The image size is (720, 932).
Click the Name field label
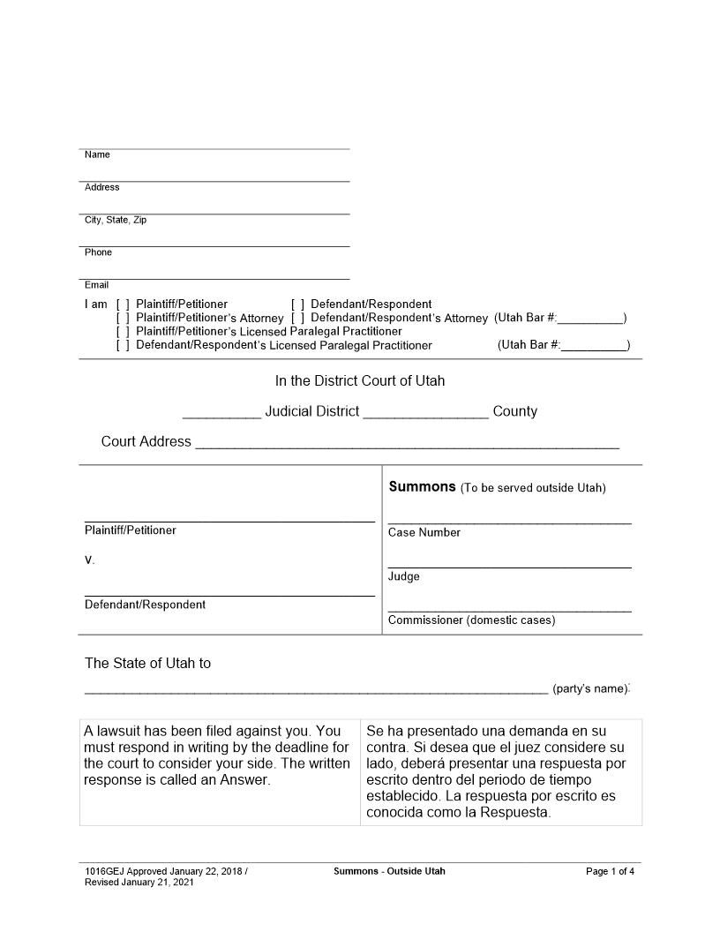point(97,155)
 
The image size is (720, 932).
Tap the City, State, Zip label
point(116,221)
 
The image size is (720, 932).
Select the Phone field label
point(98,252)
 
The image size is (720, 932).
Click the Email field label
point(96,285)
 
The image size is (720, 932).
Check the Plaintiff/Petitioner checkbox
point(123,304)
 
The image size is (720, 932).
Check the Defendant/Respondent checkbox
point(297,304)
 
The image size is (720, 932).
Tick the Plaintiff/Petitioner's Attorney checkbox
point(123,318)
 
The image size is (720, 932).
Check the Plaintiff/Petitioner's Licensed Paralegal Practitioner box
point(123,332)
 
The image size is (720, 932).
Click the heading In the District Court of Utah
point(360,381)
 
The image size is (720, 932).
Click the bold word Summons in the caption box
point(422,487)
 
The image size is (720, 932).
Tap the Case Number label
point(424,533)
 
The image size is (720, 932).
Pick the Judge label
point(404,577)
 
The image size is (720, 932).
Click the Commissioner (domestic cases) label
point(471,620)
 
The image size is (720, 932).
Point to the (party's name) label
point(590,688)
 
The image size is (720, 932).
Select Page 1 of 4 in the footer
point(610,872)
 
